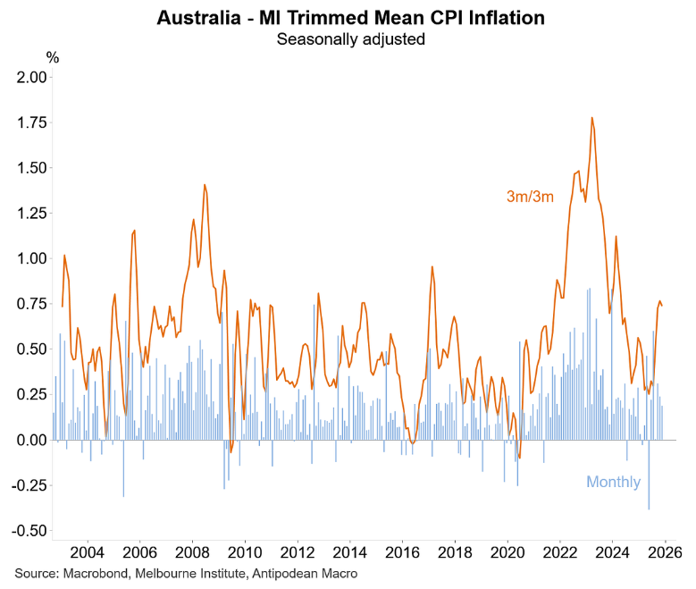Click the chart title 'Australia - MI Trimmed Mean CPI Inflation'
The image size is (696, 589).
tap(349, 17)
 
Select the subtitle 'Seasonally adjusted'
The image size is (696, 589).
tap(349, 38)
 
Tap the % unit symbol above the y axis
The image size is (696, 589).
tap(53, 58)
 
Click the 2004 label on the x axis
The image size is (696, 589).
tap(88, 551)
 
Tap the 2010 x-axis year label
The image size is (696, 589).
tap(245, 551)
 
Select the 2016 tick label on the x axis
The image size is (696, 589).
tap(402, 551)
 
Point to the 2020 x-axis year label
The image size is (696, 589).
tap(507, 551)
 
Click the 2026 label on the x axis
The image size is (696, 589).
tap(665, 551)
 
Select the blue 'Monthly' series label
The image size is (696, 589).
tap(613, 483)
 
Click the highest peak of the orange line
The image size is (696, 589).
tap(591, 118)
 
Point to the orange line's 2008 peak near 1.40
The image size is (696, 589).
tap(205, 185)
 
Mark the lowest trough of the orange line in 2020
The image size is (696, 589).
tap(519, 458)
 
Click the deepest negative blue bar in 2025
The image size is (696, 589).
tap(649, 508)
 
